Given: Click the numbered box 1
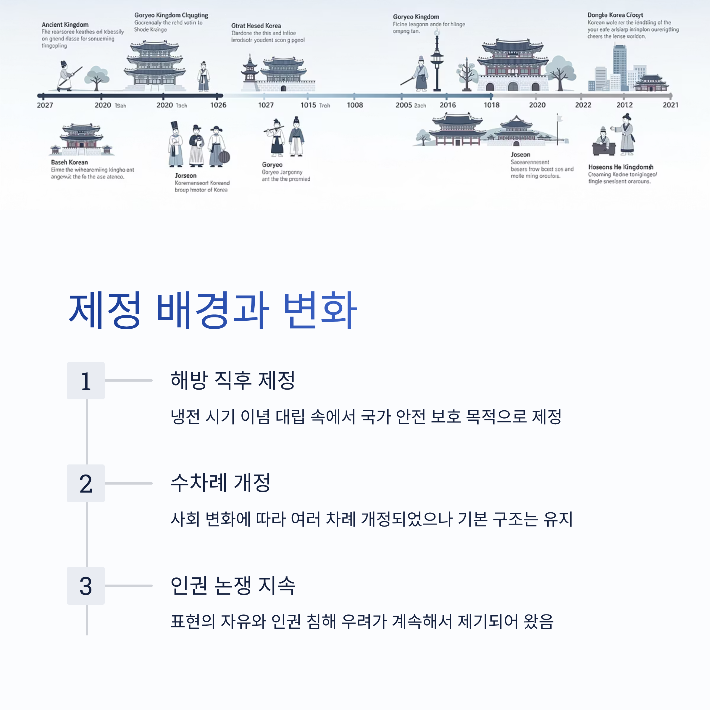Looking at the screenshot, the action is tap(85, 381).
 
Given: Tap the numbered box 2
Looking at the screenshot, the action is tap(85, 483).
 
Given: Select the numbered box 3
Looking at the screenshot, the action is tap(85, 586).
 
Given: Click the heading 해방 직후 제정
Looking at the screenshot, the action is tap(233, 380).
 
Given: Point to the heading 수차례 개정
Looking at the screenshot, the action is tap(220, 483).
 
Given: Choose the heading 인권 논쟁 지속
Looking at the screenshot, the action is tap(233, 585).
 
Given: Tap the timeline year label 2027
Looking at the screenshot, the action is tap(45, 105).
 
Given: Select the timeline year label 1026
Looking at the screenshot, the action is tap(218, 105).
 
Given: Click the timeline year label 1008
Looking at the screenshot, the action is tap(355, 105).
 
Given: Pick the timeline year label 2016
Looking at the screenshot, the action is tap(448, 105).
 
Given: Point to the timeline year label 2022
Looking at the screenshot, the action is tap(583, 105).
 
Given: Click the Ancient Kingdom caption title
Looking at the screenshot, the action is tap(65, 25).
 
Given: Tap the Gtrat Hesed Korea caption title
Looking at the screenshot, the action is tap(256, 26).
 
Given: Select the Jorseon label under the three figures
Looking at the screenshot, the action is tap(185, 176).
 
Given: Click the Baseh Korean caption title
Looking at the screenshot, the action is tap(70, 162).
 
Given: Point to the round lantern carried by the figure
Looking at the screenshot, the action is tap(224, 157).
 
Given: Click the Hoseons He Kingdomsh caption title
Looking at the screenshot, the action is tap(621, 167).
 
